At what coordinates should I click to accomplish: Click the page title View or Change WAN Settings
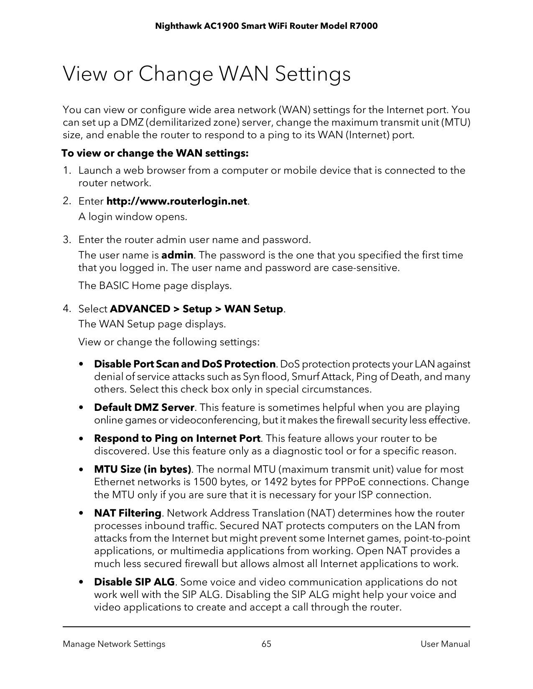pos(207,75)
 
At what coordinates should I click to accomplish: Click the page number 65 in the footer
pos(266,644)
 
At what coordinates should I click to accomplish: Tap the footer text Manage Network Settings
pos(114,644)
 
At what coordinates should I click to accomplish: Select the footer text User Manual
pos(445,644)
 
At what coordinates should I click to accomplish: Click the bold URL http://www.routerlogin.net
pos(177,201)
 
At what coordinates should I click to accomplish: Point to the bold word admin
pos(177,255)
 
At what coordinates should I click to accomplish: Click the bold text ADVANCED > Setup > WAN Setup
pos(196,309)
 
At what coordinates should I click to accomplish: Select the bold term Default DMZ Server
pos(144,408)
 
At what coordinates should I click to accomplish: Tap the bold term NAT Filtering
pos(128,513)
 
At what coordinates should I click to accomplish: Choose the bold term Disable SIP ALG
pos(134,582)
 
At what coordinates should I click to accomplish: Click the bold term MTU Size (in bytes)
pos(143,469)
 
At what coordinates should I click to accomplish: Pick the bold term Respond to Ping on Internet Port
pos(177,438)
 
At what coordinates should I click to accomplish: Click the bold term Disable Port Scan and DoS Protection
pos(184,364)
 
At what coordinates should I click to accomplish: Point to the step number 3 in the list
pos(66,240)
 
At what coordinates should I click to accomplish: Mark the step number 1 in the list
pos(66,170)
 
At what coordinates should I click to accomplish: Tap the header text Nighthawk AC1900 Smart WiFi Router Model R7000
pos(266,26)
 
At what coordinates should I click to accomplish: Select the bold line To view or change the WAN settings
pos(155,153)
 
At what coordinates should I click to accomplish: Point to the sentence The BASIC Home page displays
pos(155,286)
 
